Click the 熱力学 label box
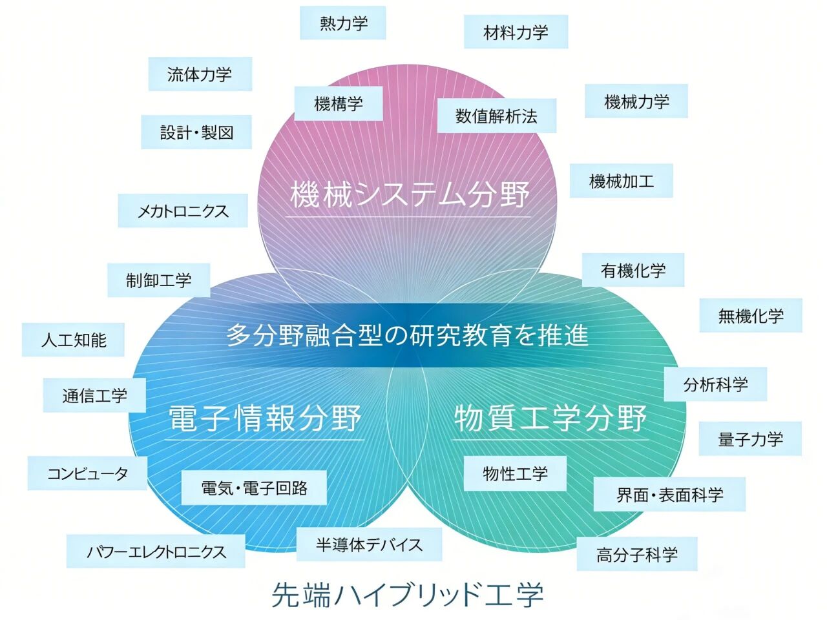343,23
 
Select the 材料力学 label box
516,32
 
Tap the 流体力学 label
200,74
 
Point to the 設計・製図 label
196,132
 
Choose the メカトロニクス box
183,211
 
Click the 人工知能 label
73,340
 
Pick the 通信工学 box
94,395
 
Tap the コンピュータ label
88,473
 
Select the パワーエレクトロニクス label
156,552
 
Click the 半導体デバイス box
369,544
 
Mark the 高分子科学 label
636,554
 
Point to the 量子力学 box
750,439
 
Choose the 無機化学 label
751,316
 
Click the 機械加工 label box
621,181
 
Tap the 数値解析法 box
496,116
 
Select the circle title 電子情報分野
265,418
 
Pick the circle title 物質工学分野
550,418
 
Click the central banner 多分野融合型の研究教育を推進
407,335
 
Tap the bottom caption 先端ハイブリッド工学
407,594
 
